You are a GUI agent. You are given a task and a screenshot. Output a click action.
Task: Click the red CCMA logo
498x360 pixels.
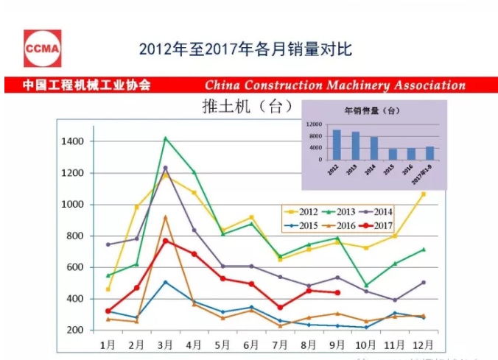(42, 49)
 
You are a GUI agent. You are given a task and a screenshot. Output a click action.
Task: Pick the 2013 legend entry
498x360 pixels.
(343, 212)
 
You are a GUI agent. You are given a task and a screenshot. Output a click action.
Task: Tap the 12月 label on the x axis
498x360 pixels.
(422, 344)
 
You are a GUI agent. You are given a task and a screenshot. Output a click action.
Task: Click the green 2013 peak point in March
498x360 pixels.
(166, 138)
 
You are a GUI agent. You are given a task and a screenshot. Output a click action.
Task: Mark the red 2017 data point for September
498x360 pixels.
(337, 292)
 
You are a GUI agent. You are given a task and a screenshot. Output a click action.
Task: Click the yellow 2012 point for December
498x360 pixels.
(423, 194)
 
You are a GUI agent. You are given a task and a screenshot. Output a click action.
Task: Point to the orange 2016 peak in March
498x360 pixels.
(166, 217)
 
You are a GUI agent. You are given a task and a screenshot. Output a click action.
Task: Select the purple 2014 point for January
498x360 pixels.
(108, 244)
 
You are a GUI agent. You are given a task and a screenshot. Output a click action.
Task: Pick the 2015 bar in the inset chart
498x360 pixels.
(393, 154)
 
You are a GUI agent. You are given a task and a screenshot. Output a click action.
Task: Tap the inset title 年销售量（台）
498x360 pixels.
(372, 111)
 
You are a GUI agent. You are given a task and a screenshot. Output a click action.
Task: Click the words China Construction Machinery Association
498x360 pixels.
(335, 85)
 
